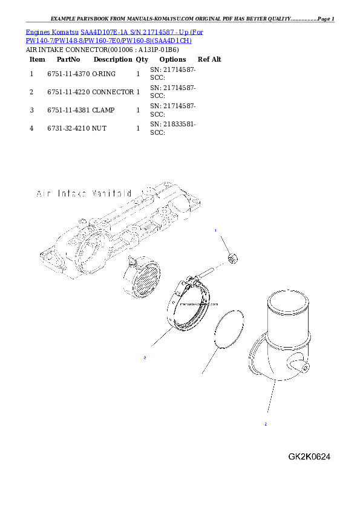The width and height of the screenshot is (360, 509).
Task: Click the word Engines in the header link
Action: point(36,31)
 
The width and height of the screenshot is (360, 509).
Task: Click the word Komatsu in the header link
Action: point(63,31)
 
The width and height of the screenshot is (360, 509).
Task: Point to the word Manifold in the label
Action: point(111,194)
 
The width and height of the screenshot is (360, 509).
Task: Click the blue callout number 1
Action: point(215,231)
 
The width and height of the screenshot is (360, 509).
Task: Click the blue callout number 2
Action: point(265,424)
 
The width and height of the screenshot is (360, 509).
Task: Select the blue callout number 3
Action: point(145,358)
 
